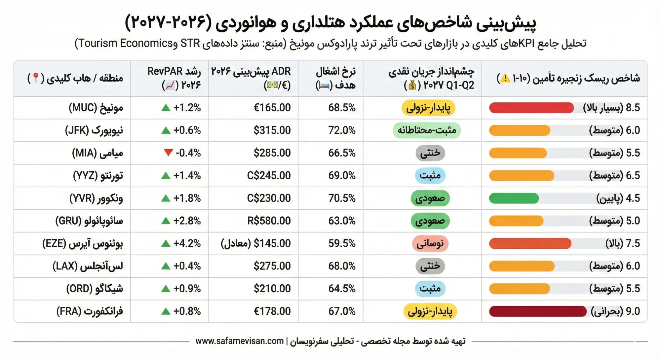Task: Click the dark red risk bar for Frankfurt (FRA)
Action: point(538,311)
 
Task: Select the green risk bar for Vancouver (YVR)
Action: point(514,198)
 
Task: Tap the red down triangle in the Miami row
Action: point(168,153)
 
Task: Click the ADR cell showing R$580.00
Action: point(269,221)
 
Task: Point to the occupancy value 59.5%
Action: point(342,243)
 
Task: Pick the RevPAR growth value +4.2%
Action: point(187,243)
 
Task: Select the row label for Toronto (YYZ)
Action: point(98,175)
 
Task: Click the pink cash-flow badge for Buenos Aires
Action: point(430,244)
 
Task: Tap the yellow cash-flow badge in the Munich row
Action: point(428,108)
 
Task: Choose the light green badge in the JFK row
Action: point(427,130)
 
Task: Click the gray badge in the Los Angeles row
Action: point(430,266)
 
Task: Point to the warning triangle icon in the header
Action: point(505,78)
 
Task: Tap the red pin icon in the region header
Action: point(36,78)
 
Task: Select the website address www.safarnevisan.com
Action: point(240,341)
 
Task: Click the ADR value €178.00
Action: point(272,311)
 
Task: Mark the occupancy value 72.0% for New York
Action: point(342,130)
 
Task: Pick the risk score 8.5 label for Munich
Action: point(611,108)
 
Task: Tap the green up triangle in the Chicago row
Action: point(166,289)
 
